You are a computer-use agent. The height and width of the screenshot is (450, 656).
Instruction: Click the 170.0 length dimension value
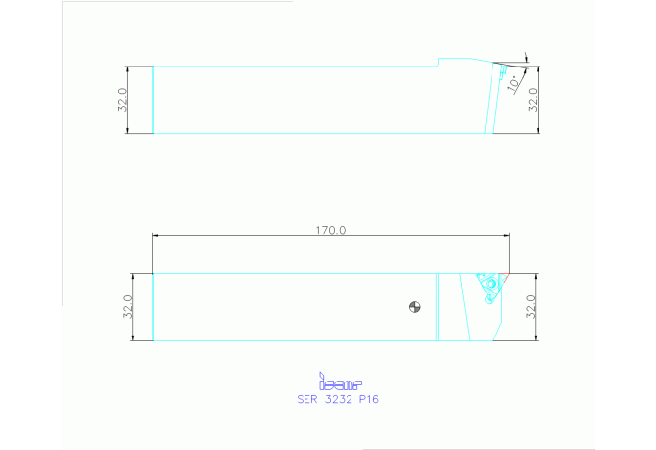[x=330, y=230]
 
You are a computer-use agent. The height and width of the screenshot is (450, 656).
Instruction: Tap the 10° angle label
[x=514, y=84]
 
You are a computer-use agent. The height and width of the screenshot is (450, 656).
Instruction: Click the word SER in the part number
[x=307, y=399]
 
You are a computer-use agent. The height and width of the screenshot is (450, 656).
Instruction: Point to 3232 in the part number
[x=337, y=399]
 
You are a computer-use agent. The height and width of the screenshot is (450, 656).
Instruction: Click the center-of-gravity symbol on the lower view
[x=414, y=308]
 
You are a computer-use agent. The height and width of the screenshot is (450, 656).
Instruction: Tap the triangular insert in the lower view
[x=488, y=287]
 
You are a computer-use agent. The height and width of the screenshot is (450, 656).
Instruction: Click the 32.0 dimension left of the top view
[x=122, y=100]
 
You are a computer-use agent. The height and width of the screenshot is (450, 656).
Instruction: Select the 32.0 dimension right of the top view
[x=533, y=100]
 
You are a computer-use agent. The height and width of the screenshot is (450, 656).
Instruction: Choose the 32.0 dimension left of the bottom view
[x=128, y=307]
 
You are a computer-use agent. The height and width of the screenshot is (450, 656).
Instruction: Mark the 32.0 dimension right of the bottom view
[x=533, y=307]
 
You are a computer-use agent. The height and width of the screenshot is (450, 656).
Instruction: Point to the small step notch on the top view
[x=438, y=63]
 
